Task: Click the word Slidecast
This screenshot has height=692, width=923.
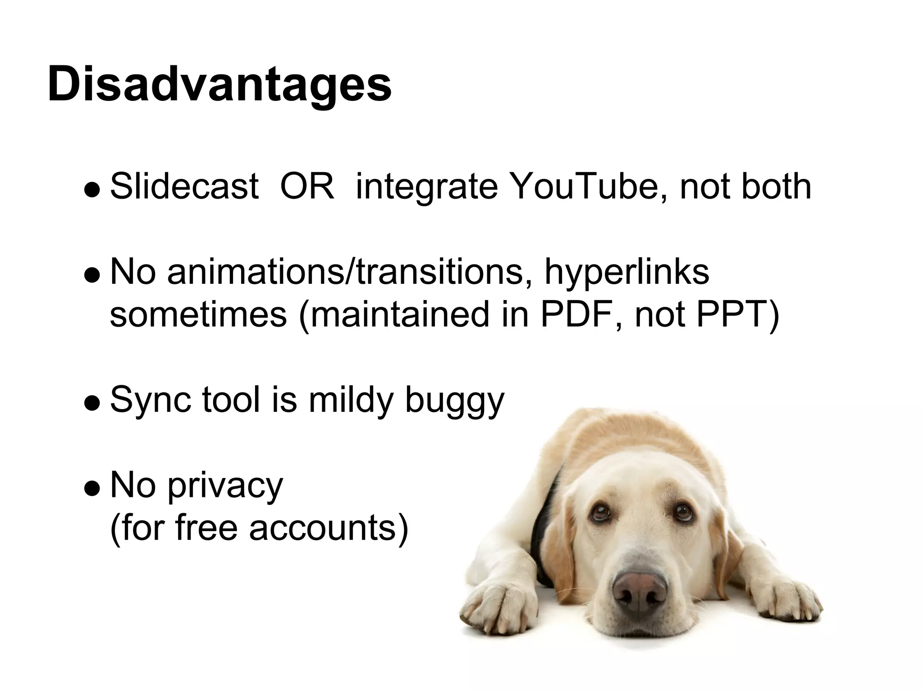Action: [x=184, y=186]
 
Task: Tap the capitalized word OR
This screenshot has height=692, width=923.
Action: [x=307, y=186]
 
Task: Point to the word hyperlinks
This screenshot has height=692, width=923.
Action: [x=627, y=273]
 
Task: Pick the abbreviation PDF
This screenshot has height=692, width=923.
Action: [x=577, y=314]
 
